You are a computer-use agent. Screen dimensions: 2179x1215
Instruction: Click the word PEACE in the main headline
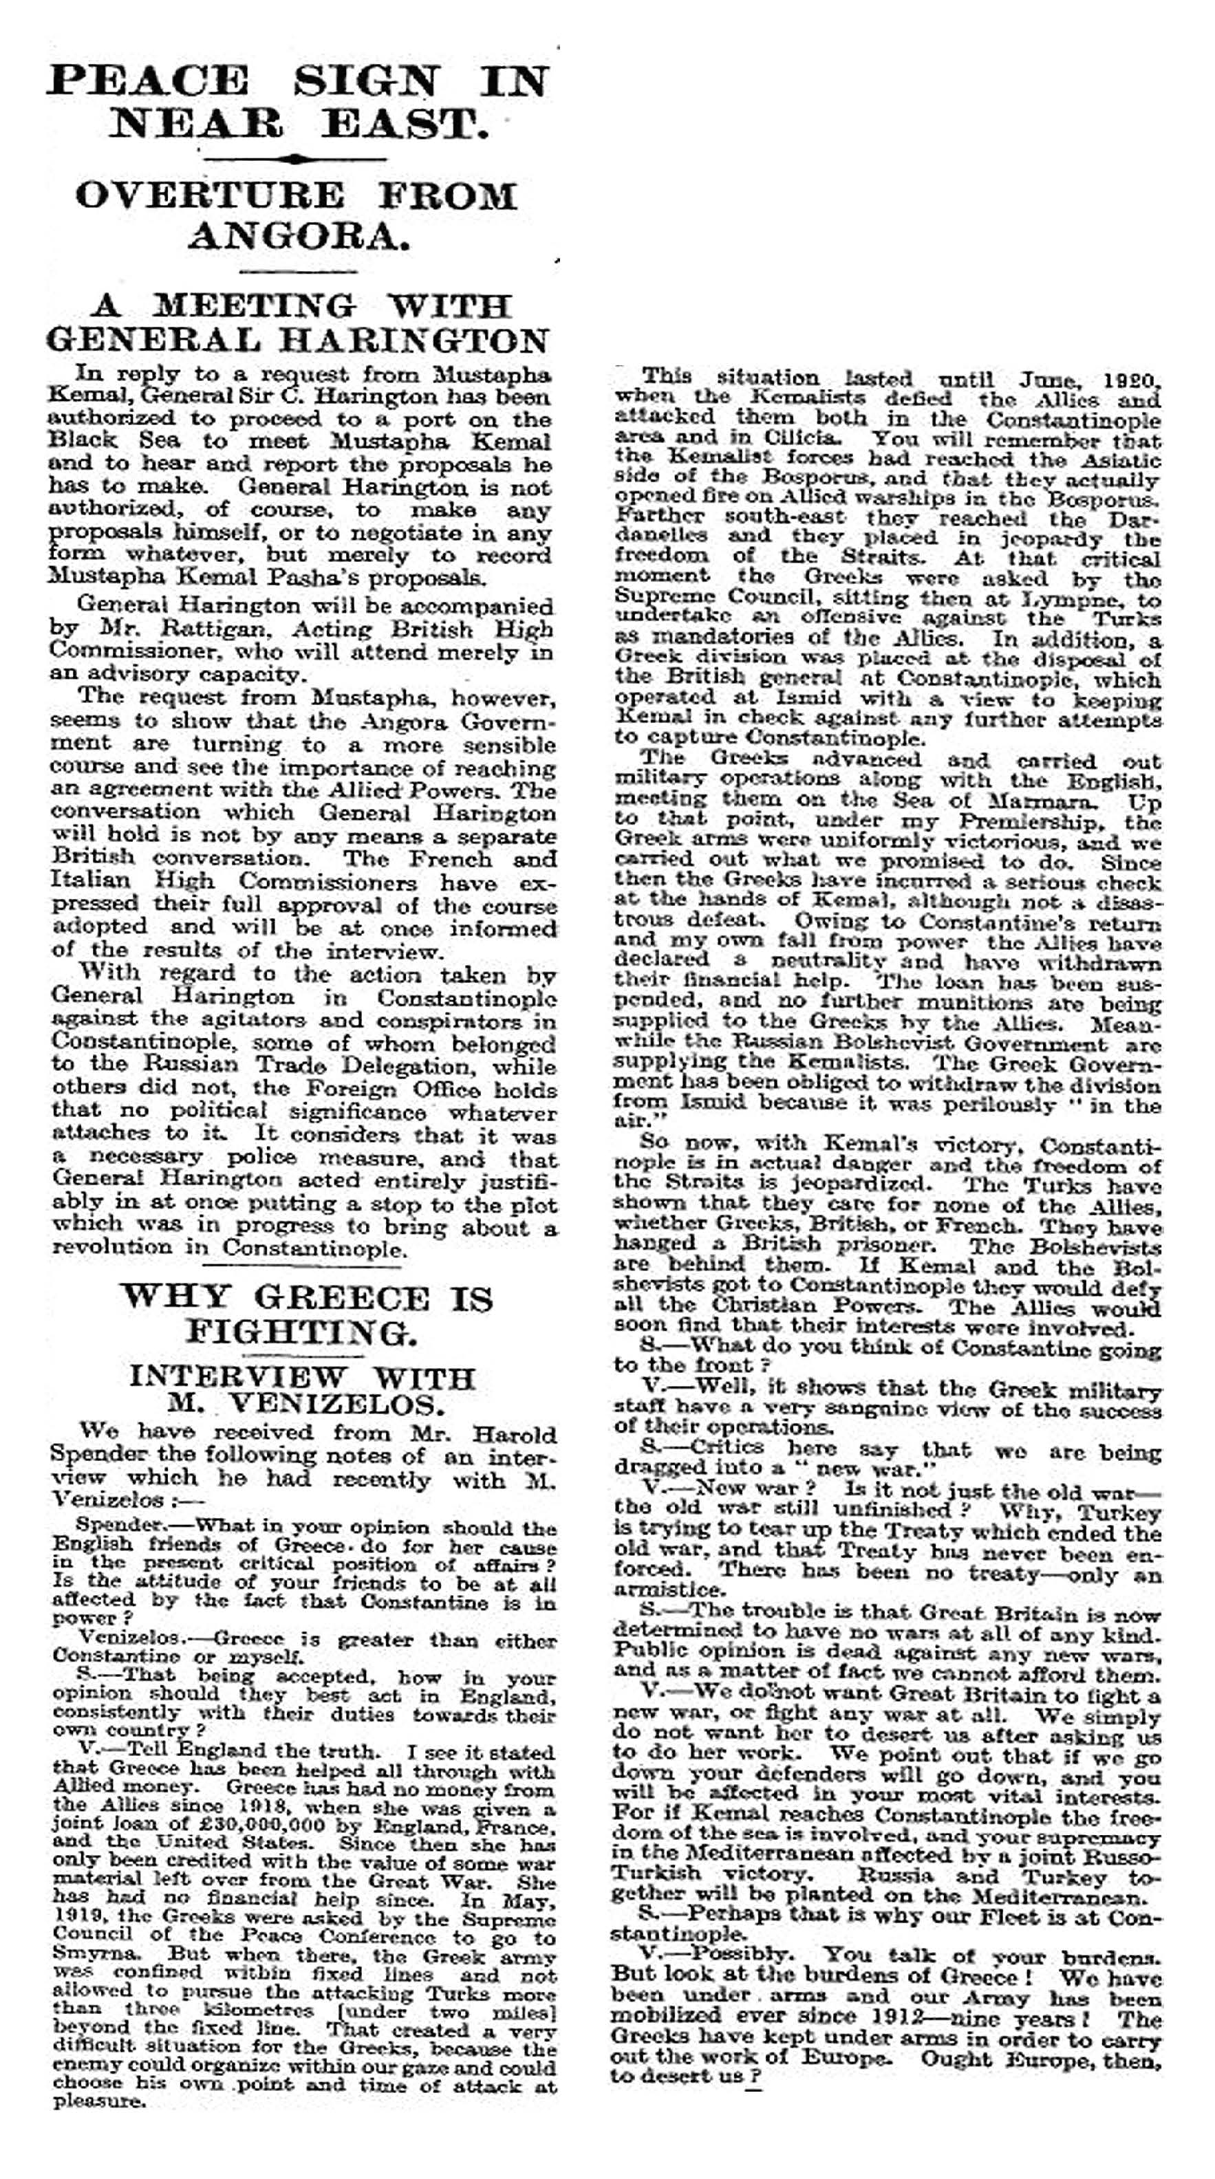pyautogui.click(x=148, y=81)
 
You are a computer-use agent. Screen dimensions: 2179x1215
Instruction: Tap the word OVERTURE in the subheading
pyautogui.click(x=210, y=196)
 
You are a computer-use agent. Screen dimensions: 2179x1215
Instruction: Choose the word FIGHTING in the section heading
pyautogui.click(x=301, y=1332)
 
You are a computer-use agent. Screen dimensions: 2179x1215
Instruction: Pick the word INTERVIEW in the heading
pyautogui.click(x=239, y=1377)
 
